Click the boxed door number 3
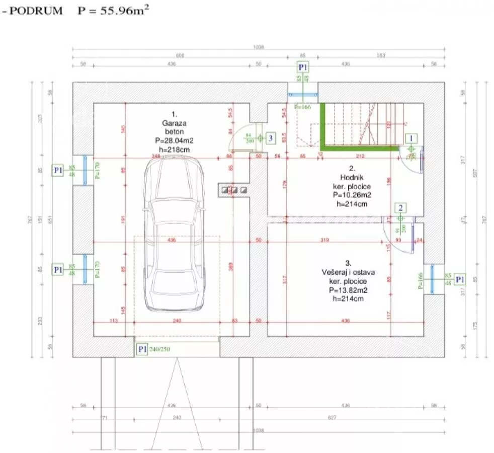[270, 137]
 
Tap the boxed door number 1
[411, 137]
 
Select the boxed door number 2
[400, 207]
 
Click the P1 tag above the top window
[303, 67]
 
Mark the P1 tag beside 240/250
[142, 349]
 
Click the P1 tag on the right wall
[460, 279]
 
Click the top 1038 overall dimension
[259, 47]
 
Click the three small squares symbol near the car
[234, 190]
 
